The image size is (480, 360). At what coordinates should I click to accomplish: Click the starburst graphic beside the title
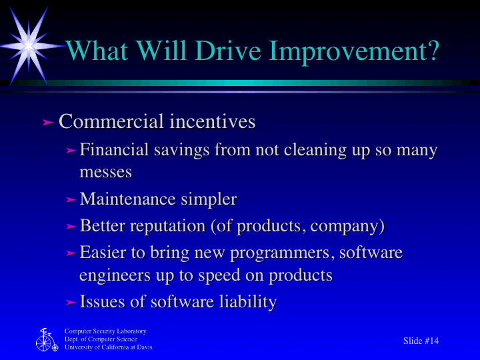pyautogui.click(x=29, y=43)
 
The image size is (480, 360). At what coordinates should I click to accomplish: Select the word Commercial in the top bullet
pyautogui.click(x=111, y=122)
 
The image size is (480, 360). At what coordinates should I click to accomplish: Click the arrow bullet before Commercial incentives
pyautogui.click(x=47, y=122)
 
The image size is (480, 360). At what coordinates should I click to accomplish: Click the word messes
pyautogui.click(x=105, y=171)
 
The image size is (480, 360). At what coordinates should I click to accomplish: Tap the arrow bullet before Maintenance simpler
pyautogui.click(x=71, y=199)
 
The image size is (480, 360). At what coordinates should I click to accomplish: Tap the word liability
pyautogui.click(x=248, y=302)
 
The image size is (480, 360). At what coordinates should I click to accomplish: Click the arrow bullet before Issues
pyautogui.click(x=71, y=303)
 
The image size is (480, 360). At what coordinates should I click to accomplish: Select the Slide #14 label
pyautogui.click(x=421, y=341)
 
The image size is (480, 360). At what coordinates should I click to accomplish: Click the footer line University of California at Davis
pyautogui.click(x=109, y=347)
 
